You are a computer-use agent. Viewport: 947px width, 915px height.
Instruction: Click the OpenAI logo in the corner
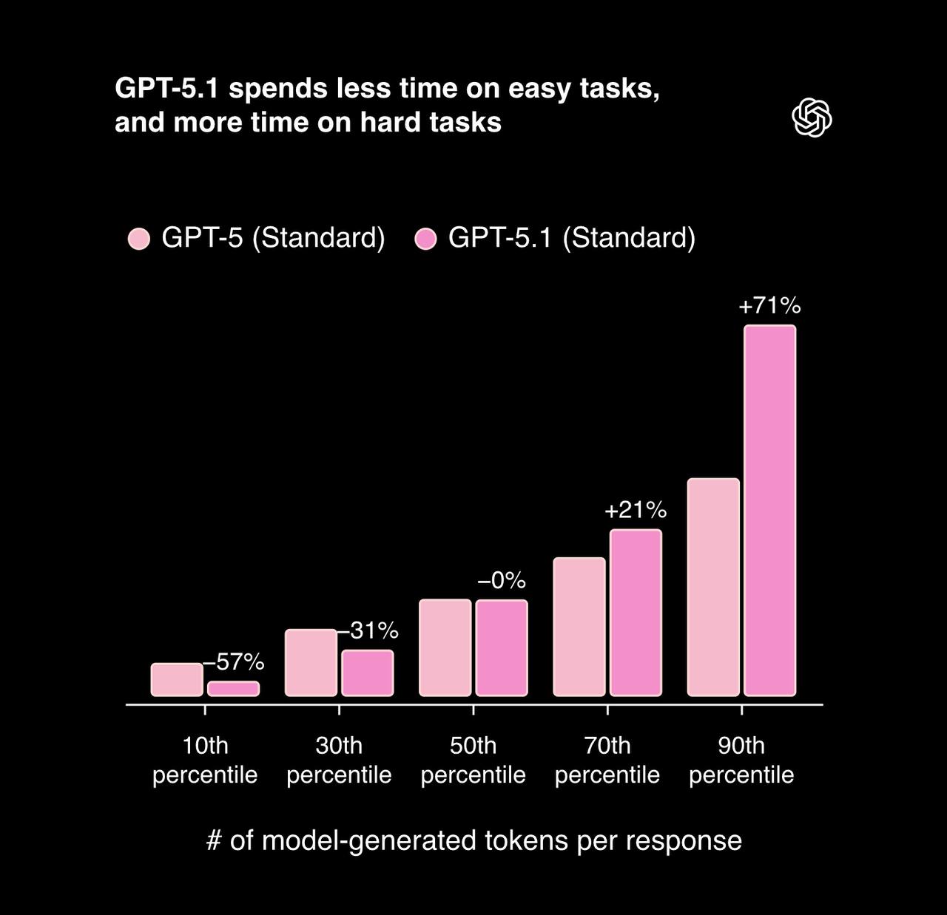click(812, 118)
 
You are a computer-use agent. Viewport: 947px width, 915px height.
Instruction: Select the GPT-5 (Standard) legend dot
click(139, 239)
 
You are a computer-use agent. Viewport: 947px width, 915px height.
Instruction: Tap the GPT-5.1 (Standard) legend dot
click(425, 239)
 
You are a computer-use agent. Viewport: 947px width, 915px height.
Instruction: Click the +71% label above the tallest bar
click(769, 306)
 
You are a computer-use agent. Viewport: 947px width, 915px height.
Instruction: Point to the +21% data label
click(636, 510)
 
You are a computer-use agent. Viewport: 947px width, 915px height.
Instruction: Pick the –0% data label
click(502, 581)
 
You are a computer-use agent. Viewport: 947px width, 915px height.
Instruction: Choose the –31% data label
click(368, 630)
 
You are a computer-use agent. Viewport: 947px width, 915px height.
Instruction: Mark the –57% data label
click(234, 662)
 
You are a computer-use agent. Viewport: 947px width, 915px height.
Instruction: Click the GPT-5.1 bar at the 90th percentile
click(769, 510)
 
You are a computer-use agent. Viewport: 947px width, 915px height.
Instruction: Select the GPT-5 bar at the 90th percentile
click(713, 588)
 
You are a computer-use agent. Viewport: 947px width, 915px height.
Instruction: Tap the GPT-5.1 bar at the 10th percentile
click(233, 689)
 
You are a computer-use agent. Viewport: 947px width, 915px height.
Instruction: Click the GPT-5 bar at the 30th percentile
click(311, 663)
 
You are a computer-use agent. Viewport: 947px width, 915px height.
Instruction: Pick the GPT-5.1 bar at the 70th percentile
click(636, 613)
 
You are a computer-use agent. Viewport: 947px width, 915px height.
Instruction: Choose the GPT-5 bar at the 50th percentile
click(445, 648)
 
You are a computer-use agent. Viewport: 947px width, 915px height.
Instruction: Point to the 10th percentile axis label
click(205, 760)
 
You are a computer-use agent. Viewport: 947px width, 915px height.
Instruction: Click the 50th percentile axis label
click(473, 760)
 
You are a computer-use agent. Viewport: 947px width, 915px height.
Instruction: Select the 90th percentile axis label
click(741, 760)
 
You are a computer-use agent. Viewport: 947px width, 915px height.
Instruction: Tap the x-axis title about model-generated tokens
click(473, 840)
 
